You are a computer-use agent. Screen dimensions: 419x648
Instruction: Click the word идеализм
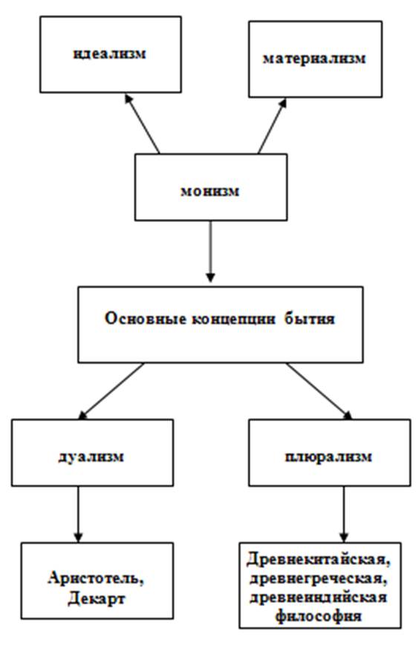110,53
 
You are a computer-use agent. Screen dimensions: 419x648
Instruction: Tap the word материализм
314,59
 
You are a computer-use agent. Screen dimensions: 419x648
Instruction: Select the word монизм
210,192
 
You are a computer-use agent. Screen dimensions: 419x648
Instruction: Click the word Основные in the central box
145,318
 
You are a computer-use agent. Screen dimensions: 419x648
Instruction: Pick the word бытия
309,318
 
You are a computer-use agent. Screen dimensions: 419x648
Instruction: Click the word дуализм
91,456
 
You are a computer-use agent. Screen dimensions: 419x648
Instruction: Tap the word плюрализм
329,457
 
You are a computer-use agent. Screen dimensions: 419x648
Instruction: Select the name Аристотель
96,578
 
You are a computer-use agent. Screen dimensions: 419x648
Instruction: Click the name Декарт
96,598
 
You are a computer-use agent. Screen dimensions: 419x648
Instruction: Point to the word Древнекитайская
319,560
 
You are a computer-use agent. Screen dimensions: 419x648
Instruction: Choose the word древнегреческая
319,578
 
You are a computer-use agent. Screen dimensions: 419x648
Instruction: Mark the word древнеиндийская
319,598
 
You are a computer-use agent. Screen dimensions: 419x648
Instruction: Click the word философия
319,616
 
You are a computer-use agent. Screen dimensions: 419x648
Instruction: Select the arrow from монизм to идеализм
143,124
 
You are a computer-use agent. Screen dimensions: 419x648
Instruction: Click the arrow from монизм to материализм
272,126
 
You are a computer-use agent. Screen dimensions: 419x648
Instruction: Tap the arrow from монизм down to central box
210,252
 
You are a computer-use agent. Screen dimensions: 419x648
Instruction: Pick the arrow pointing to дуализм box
111,391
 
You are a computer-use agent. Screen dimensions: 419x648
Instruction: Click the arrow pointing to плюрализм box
319,391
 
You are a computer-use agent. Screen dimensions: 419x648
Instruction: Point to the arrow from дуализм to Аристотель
79,514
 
